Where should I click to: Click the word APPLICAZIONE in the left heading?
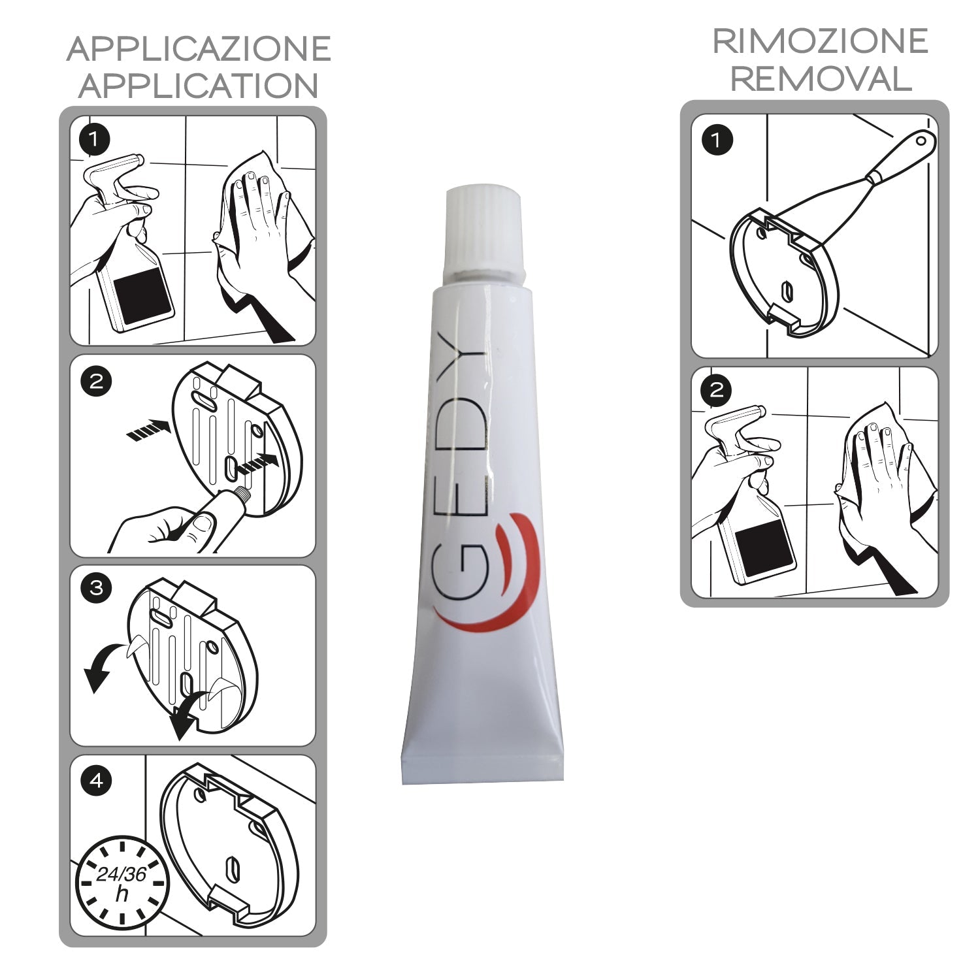point(199,50)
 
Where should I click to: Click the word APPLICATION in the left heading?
point(199,86)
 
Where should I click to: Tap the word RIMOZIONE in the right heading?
point(820,42)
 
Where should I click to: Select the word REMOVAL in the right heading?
point(820,79)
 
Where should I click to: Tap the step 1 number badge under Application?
point(95,139)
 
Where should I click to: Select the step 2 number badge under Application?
point(96,381)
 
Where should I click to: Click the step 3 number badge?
point(96,588)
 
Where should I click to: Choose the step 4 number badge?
point(96,780)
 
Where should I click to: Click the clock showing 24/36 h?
point(122,882)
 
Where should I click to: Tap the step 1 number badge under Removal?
point(717,140)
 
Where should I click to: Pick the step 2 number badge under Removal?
point(717,391)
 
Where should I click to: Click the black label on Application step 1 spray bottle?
point(142,294)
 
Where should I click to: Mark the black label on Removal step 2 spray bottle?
point(764,549)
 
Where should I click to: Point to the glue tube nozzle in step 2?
point(243,495)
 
